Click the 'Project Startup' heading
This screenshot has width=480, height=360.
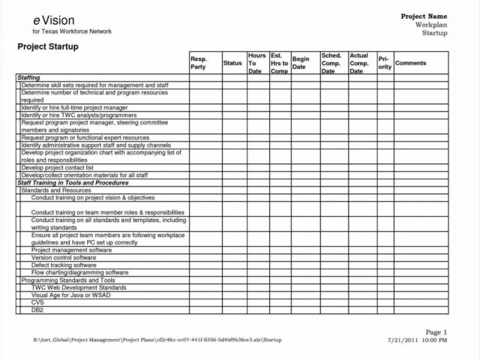(x=48, y=46)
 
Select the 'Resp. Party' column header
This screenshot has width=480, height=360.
(x=199, y=63)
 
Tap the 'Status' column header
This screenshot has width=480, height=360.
(x=232, y=64)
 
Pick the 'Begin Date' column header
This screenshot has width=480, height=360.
(x=301, y=63)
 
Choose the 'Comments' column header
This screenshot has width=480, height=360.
(x=410, y=63)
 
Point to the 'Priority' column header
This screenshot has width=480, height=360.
(x=384, y=63)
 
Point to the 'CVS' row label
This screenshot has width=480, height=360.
(x=37, y=301)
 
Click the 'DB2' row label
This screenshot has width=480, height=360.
(x=37, y=309)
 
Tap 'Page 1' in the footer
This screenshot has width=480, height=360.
(x=436, y=331)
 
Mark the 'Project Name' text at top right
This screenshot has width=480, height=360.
(x=424, y=16)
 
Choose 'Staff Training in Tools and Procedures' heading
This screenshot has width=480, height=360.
(x=72, y=183)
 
